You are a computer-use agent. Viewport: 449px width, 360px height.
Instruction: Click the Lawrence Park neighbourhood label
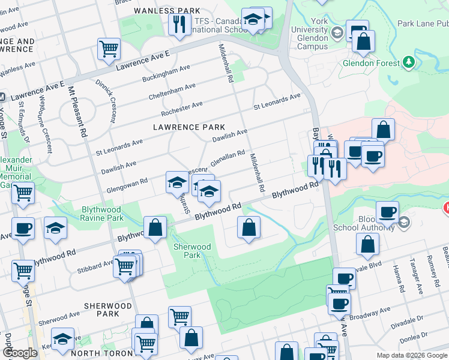189,127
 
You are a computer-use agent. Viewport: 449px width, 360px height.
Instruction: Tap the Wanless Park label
158,11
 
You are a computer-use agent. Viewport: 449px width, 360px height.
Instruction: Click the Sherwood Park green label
191,251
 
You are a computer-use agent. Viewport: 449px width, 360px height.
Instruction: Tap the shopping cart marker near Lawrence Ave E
109,49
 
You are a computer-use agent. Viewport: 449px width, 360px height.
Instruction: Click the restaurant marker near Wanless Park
179,24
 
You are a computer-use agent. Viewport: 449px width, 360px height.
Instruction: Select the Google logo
20,353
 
